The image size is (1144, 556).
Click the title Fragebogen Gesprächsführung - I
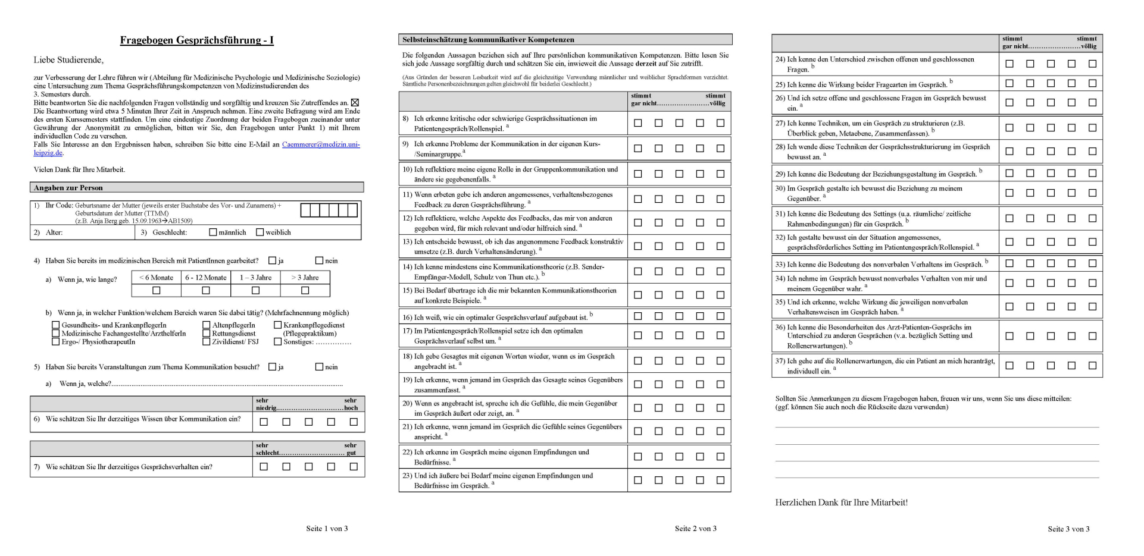(x=196, y=40)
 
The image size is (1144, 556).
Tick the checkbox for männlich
(x=213, y=233)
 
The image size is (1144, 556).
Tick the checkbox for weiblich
(x=260, y=233)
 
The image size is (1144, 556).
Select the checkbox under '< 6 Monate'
(x=157, y=291)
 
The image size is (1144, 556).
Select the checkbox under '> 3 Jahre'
(x=305, y=291)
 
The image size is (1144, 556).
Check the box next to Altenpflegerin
(x=207, y=325)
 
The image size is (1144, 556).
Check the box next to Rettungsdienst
(x=207, y=334)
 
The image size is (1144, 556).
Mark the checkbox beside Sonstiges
(x=277, y=342)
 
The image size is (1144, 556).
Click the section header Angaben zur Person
(x=68, y=188)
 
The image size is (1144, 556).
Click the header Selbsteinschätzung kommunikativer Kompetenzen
(x=488, y=40)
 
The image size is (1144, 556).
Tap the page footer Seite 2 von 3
(x=695, y=529)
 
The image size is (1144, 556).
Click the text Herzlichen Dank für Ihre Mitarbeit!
(x=841, y=502)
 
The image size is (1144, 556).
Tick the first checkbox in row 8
(x=638, y=123)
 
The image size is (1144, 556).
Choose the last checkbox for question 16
(x=720, y=316)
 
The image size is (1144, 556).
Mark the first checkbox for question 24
(x=1009, y=64)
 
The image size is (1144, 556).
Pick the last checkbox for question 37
(x=1092, y=366)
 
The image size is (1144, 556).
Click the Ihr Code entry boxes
(x=329, y=210)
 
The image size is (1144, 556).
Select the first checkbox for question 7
(x=264, y=467)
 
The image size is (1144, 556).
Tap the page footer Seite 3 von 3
(x=1068, y=529)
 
